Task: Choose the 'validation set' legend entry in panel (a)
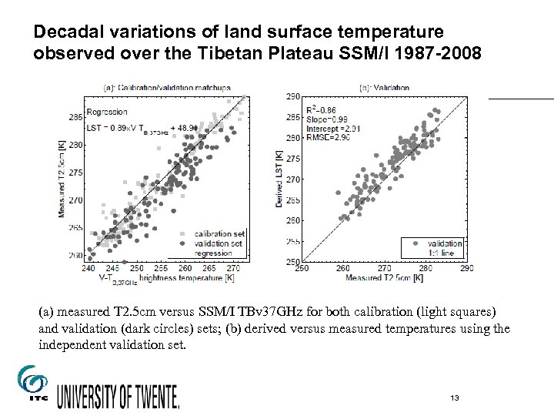click(x=219, y=243)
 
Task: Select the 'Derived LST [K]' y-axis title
click(x=279, y=179)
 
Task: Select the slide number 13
click(x=456, y=398)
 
